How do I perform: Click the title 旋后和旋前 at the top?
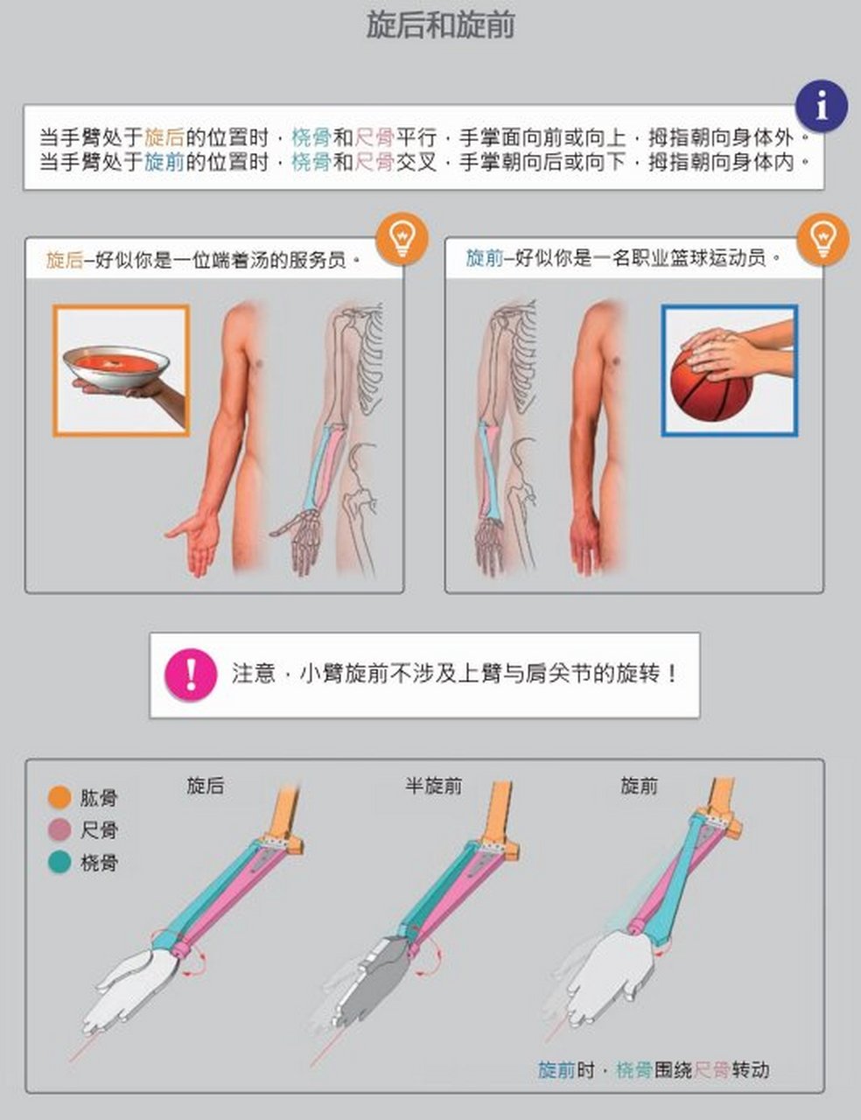click(x=440, y=25)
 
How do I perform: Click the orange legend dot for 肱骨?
click(x=59, y=797)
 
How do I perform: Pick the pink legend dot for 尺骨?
click(x=59, y=829)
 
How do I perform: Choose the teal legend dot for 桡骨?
click(x=59, y=863)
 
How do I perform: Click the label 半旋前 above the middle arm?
click(x=433, y=786)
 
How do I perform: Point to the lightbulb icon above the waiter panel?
click(x=402, y=236)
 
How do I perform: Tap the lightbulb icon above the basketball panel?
click(x=822, y=236)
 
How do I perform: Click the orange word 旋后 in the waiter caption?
click(x=64, y=260)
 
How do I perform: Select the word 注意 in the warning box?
click(x=254, y=673)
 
